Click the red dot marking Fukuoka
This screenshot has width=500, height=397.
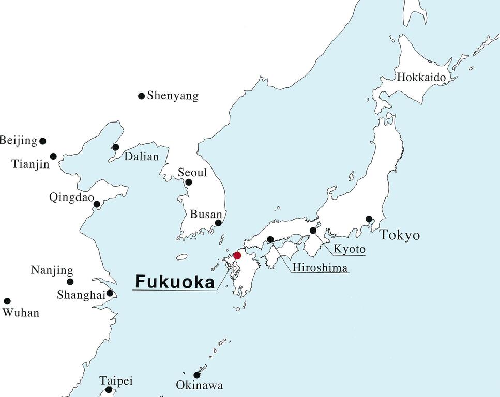point(237,255)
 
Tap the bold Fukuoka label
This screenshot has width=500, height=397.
point(174,282)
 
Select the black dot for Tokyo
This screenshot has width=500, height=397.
point(369,219)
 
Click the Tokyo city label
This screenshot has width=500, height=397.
point(400,236)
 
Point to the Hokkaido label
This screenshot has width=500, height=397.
point(421,78)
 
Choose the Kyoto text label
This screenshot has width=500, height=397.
point(349,249)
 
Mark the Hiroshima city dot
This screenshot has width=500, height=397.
point(270,239)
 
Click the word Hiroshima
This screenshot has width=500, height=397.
point(320,267)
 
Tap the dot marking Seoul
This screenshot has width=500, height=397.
point(189,182)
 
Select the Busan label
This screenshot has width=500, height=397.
point(206,214)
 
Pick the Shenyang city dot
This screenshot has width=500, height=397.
point(141,96)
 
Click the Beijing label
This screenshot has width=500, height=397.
point(19,140)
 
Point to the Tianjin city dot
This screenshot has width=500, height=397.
point(53,156)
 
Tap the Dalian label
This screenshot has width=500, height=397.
point(141,157)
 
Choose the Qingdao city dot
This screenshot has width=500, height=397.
point(97,204)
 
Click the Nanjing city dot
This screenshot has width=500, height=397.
point(70,282)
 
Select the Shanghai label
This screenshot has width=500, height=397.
point(81,294)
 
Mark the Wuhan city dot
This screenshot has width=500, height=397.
point(7,301)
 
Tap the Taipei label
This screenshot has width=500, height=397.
point(116,381)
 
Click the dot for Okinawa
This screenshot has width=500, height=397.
point(196,375)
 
